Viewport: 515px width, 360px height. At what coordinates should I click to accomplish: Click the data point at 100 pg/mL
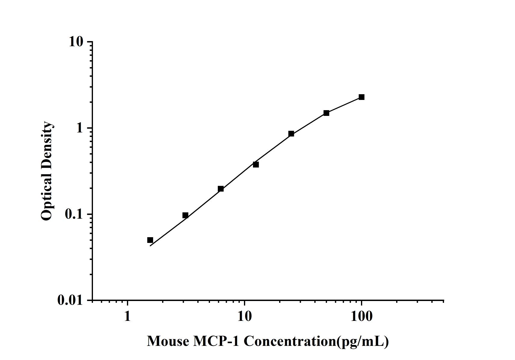361,97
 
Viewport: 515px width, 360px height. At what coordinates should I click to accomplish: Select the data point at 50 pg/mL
326,113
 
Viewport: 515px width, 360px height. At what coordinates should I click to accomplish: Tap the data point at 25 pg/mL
291,134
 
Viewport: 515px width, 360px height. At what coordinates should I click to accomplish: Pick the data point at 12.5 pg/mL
256,164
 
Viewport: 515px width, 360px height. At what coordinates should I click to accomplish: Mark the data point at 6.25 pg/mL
220,189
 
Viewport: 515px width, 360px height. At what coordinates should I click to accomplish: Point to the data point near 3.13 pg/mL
185,215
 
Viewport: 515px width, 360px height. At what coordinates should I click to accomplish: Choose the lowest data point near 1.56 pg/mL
150,240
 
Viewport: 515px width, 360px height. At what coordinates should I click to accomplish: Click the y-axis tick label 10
76,42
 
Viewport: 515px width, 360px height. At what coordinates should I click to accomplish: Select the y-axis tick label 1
79,128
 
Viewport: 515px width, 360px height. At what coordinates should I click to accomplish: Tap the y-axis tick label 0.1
73,214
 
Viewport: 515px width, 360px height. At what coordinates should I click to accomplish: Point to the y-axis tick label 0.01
70,300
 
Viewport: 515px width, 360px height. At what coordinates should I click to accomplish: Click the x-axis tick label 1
127,316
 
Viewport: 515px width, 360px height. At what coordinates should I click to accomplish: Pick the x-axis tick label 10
244,316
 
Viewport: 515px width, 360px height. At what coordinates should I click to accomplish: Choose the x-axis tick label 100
361,316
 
